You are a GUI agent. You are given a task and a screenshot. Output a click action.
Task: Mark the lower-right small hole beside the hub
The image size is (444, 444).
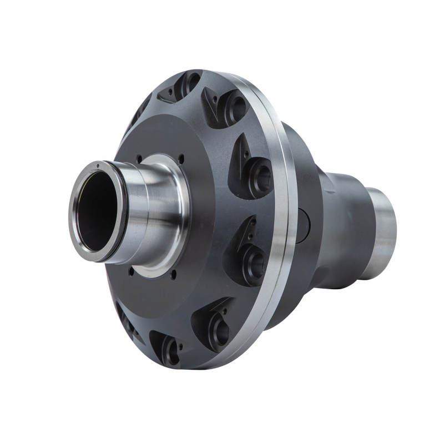(174, 274)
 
